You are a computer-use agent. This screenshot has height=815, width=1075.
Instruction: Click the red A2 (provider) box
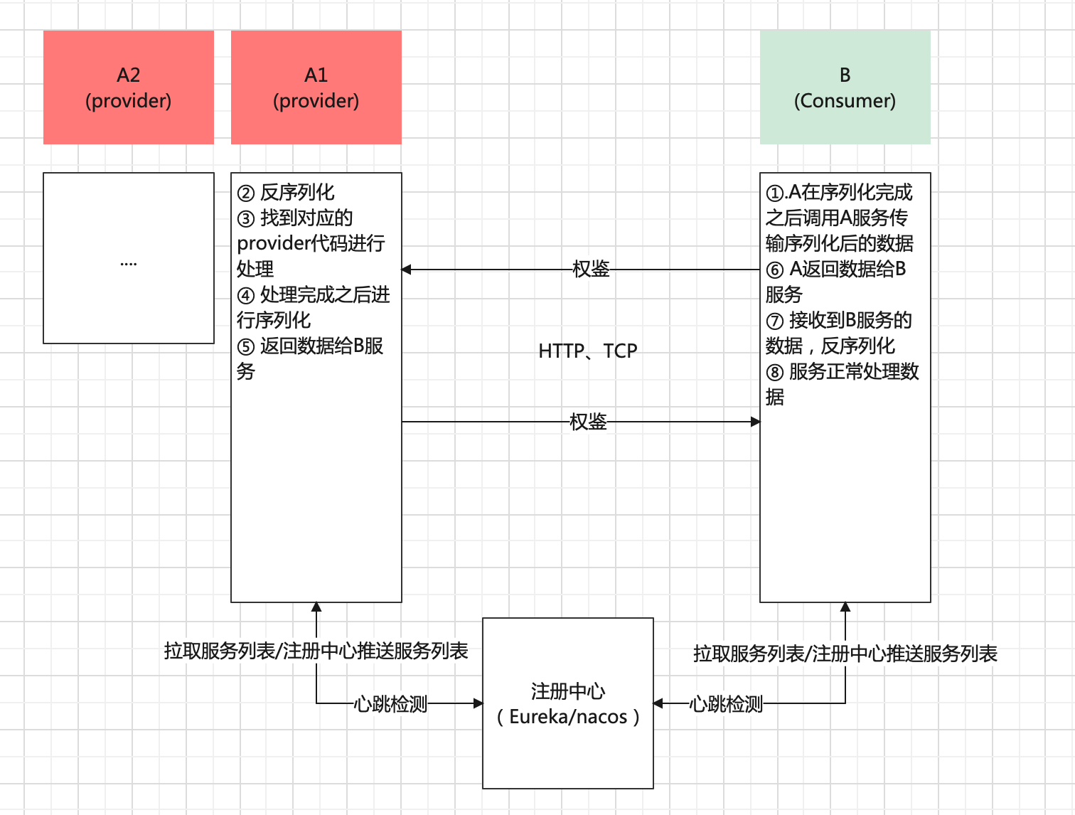[x=129, y=87]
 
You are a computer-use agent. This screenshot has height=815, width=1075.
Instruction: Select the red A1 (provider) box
[x=316, y=87]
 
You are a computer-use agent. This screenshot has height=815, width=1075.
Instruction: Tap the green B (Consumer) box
[x=845, y=87]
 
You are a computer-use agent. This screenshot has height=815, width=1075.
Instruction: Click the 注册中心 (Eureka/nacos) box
[x=568, y=703]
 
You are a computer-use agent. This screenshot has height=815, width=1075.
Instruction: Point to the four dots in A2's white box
[x=129, y=264]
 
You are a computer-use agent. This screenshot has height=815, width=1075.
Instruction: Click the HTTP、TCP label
[x=588, y=351]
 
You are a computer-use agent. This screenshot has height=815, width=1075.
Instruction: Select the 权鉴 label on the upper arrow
[x=591, y=269]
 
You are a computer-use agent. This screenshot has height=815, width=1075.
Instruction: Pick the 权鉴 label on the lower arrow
[x=588, y=422]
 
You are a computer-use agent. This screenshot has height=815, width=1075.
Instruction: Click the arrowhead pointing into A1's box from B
[x=407, y=270]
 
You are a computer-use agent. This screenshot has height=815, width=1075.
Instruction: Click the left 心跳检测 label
[x=390, y=704]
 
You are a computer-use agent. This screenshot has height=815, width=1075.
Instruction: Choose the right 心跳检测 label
[x=726, y=704]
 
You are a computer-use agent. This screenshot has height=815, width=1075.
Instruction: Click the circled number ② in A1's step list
[x=246, y=193]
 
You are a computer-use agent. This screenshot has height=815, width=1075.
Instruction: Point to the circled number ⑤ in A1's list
[x=246, y=347]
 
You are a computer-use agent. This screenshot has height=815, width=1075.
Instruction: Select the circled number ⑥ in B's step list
[x=775, y=270]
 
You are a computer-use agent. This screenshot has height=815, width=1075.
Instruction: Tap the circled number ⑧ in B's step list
[x=775, y=373]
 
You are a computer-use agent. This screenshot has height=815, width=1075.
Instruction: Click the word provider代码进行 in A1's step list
[x=311, y=243]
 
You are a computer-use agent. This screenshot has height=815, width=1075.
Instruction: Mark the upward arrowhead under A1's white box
[x=316, y=607]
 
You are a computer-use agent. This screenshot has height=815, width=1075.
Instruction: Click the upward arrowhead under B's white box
[x=845, y=607]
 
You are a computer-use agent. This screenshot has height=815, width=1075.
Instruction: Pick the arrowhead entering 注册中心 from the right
[x=658, y=703]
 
